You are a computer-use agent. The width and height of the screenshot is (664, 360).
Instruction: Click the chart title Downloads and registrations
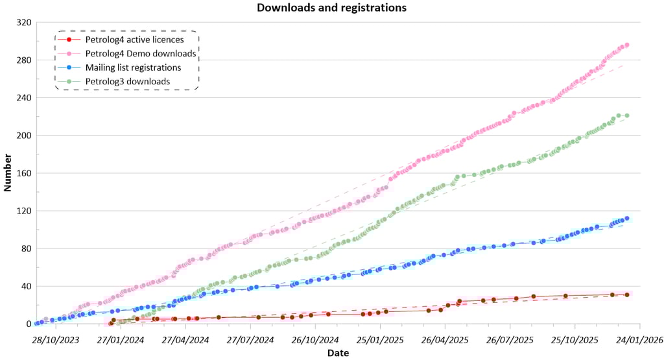tap(331, 8)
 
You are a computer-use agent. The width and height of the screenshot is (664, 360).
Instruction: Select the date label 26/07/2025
tap(510, 339)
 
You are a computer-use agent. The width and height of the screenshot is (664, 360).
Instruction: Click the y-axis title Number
tap(8, 173)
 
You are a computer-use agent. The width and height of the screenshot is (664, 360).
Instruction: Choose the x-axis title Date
tap(338, 353)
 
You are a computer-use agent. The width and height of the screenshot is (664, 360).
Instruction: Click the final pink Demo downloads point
tap(627, 45)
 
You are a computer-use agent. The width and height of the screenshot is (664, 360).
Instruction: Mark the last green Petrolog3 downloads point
tap(627, 115)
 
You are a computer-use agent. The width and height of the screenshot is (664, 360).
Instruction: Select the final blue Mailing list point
tap(627, 219)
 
